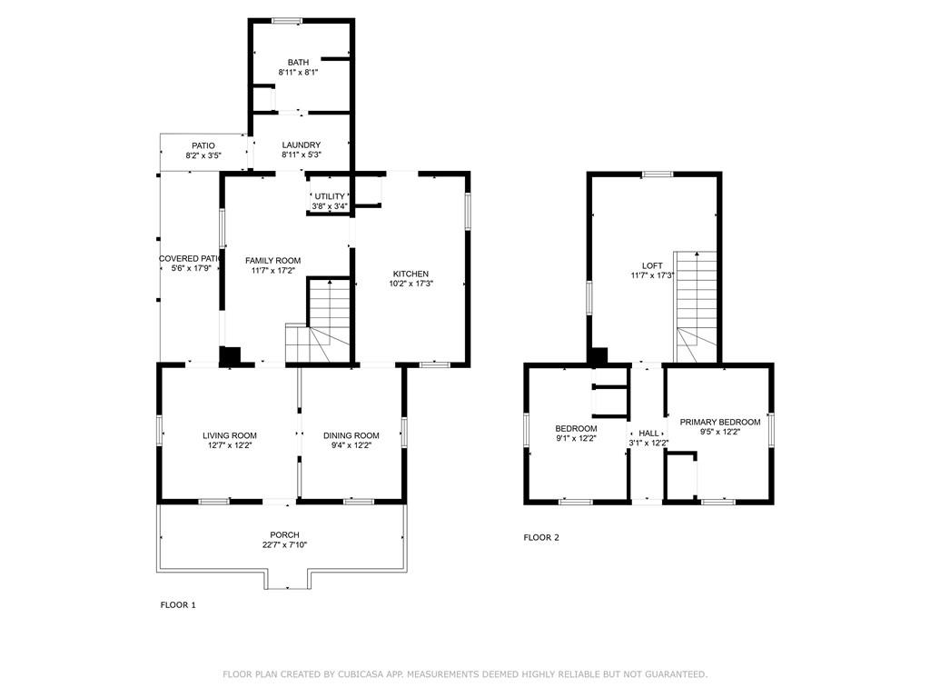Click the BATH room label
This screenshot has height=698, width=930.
(298, 63)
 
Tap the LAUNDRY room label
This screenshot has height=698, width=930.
(301, 145)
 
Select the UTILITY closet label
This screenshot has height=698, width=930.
(330, 196)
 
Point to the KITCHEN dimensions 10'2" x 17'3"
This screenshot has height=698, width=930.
(411, 284)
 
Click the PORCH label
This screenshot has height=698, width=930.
(284, 534)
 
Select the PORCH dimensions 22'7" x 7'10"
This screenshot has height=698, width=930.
(284, 545)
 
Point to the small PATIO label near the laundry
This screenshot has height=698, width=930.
(203, 145)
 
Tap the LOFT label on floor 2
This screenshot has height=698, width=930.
(652, 266)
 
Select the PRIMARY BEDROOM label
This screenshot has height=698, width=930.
(720, 422)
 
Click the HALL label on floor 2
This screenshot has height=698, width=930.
(648, 434)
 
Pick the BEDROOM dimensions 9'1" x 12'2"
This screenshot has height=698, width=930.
(576, 438)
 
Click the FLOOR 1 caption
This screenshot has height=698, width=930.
(178, 604)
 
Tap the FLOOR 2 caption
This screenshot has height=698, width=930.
(541, 537)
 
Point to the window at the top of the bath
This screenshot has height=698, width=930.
(288, 21)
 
